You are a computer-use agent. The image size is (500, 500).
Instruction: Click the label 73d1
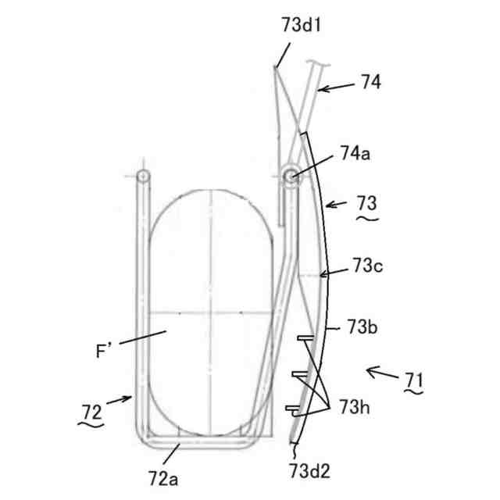[301, 25]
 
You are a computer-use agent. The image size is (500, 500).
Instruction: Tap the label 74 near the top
[371, 81]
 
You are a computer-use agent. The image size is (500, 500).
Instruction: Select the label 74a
[355, 153]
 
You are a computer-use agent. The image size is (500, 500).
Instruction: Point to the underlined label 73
[366, 203]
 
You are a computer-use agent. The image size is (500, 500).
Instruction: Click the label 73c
[367, 266]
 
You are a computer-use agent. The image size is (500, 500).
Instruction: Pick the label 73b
[362, 327]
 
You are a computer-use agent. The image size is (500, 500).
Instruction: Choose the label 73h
[355, 407]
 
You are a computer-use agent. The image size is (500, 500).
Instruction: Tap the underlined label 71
[413, 380]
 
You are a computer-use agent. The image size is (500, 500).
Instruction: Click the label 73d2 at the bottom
[309, 470]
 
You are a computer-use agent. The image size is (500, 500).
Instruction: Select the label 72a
[163, 478]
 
